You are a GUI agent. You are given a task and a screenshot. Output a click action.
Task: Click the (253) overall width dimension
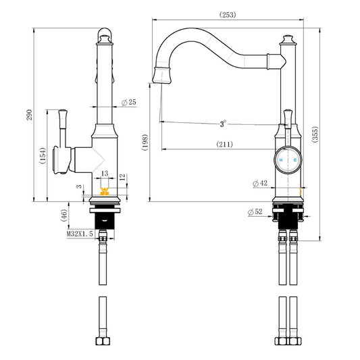coord(228,15)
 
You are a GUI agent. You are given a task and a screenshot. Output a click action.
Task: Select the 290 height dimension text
coord(30,115)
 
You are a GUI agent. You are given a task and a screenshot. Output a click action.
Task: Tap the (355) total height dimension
coord(315,134)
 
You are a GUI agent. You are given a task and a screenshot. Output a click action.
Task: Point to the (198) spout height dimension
coord(145,143)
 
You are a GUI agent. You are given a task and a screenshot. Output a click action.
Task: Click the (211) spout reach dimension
coord(224,145)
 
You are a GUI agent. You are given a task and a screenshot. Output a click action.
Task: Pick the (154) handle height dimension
coord(43,155)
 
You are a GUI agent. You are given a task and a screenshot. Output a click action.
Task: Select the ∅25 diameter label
coord(129,102)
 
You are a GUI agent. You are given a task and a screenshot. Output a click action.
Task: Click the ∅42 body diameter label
coord(260,183)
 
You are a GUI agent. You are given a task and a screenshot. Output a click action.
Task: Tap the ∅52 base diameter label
coord(255,211)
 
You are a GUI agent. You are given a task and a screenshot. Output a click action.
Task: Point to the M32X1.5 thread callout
coord(80,234)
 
